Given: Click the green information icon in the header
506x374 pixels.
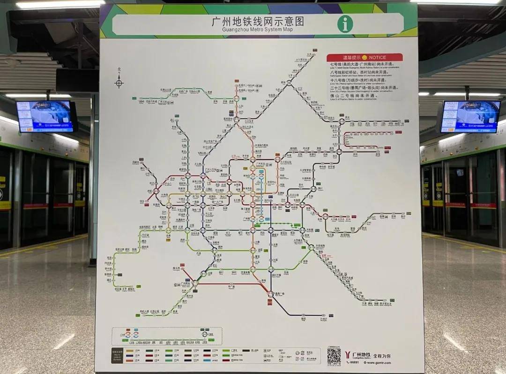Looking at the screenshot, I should click(345, 24).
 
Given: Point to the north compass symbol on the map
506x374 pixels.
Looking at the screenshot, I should click(119, 83).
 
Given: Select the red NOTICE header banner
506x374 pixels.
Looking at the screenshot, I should click(365, 57).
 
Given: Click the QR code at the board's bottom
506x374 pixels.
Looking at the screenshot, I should click(334, 355).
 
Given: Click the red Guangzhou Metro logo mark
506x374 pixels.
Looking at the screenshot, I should click(347, 355).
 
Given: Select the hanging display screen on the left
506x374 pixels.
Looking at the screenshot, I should click(45, 116).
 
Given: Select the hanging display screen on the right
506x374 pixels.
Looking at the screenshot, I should click(470, 116).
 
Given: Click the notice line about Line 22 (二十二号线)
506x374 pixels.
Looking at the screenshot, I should click(364, 87).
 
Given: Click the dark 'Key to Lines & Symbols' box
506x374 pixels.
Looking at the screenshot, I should click(117, 355).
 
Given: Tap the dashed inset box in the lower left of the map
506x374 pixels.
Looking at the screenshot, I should click(166, 336).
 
